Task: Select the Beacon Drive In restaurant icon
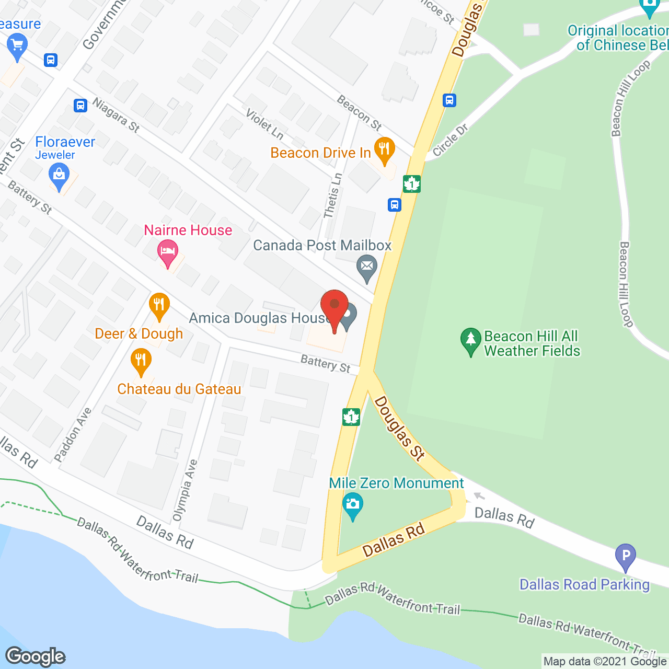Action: coord(384,149)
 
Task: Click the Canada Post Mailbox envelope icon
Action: coord(367,268)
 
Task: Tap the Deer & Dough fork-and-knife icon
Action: coord(159,305)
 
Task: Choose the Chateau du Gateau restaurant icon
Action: coord(140,361)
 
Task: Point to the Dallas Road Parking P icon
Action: coord(625,556)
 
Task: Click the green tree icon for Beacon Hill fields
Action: coord(470,340)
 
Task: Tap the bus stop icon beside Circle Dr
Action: coord(449,100)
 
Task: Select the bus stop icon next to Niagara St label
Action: coord(80,105)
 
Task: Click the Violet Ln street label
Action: coord(264,125)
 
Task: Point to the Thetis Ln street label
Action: coord(332,195)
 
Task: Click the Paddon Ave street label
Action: coord(73,435)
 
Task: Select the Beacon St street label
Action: coord(359,112)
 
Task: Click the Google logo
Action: coord(36,656)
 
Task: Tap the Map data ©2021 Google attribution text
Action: coord(605,662)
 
